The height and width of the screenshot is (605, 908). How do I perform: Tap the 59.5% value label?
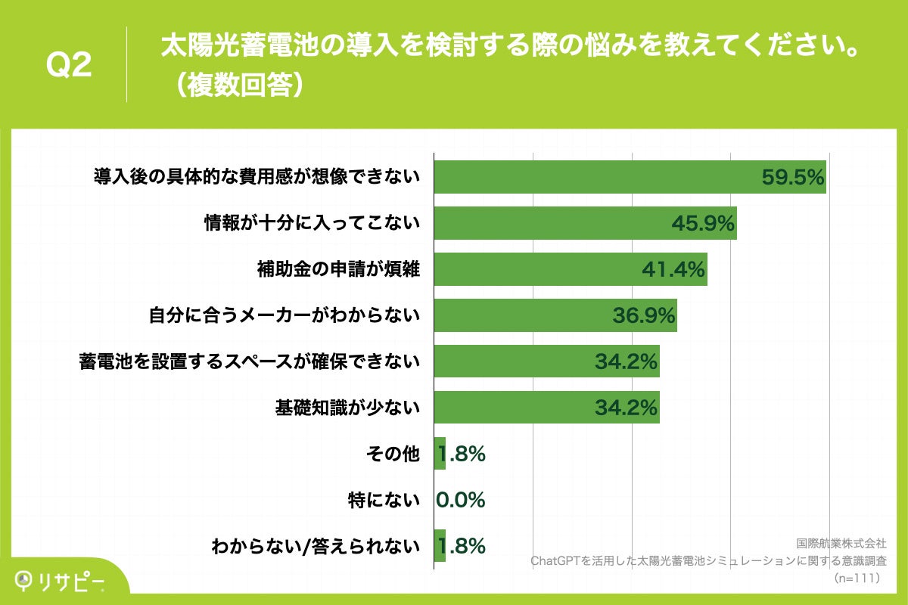coord(791,178)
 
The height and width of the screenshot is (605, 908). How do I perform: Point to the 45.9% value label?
coord(703,223)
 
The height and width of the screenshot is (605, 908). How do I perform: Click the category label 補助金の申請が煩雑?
coord(338,269)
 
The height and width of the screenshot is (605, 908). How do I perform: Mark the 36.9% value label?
coord(643,315)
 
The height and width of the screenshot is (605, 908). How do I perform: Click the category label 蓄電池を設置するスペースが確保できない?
coord(249,361)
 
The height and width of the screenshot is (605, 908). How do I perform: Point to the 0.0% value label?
coord(461,500)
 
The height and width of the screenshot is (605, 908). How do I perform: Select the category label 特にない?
coord(384,500)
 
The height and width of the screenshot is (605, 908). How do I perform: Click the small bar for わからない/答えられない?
coord(440,546)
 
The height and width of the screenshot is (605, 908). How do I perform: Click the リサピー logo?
coord(61,580)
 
